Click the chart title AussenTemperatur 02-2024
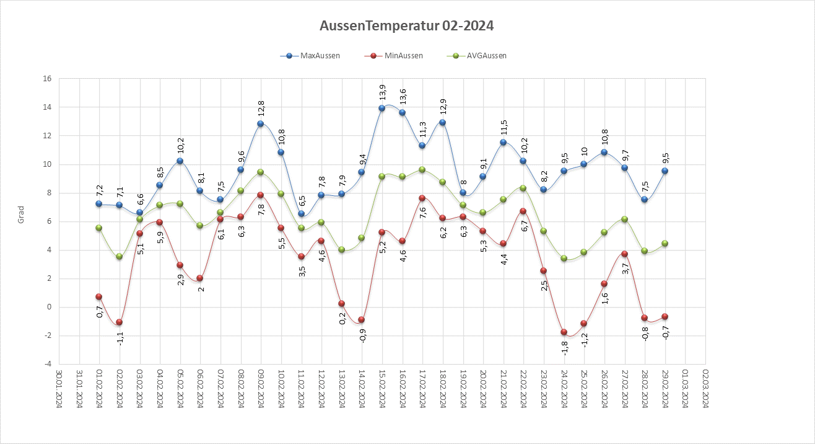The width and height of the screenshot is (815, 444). click(x=407, y=26)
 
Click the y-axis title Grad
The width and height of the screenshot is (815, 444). click(x=20, y=214)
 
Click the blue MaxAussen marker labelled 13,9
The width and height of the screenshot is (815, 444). click(x=382, y=108)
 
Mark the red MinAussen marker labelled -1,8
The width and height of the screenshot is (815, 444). click(x=564, y=332)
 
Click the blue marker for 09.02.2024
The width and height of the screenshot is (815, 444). click(x=261, y=123)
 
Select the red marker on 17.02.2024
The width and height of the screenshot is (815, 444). click(x=422, y=198)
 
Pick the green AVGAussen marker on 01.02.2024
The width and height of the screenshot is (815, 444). click(x=99, y=228)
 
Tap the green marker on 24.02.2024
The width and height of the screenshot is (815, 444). click(x=564, y=258)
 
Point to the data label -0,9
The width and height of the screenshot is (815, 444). click(x=362, y=335)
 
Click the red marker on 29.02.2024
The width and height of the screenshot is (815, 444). click(x=665, y=316)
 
